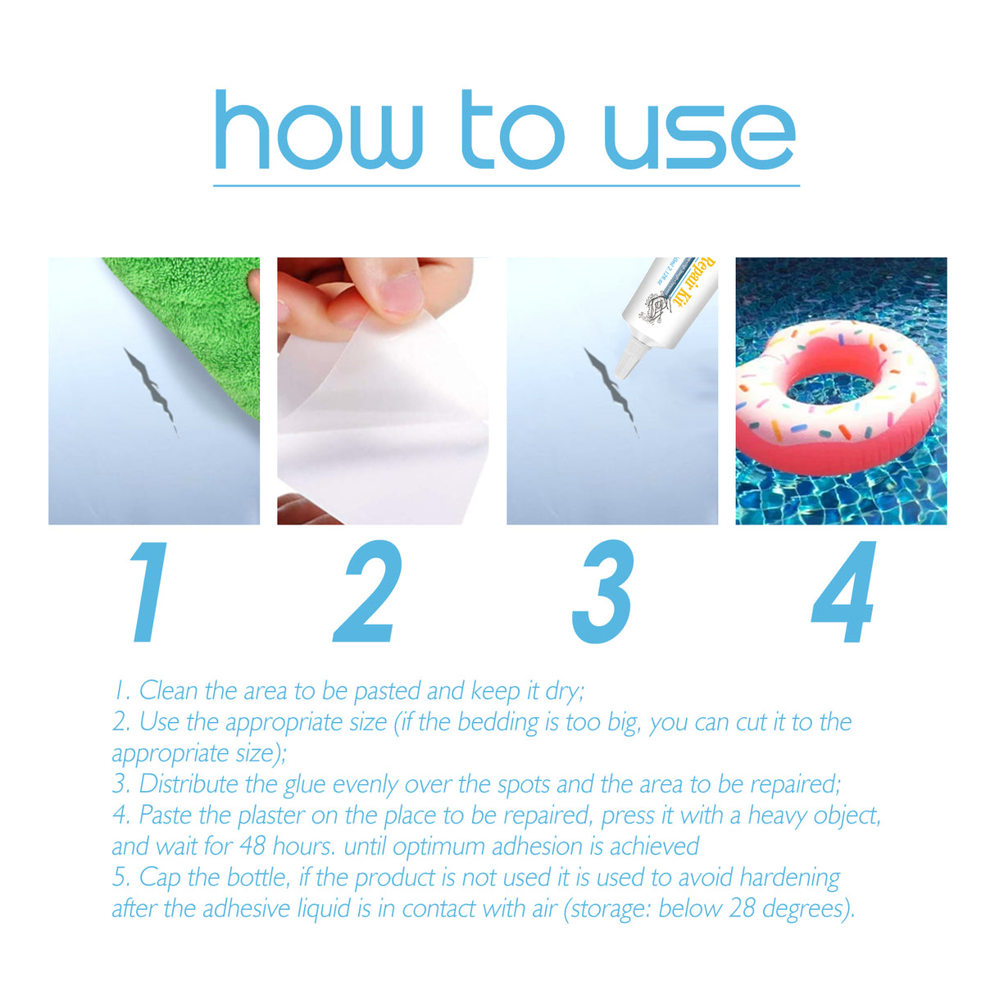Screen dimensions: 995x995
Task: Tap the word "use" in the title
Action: coord(699,135)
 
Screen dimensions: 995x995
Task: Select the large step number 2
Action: coord(369,592)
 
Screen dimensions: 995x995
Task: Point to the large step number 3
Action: coord(603,592)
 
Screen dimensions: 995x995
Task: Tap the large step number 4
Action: coord(844,592)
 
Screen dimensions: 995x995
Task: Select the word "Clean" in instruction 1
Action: coord(168,691)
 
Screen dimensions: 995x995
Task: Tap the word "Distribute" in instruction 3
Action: coord(190,784)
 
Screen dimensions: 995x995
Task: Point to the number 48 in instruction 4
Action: coord(253,846)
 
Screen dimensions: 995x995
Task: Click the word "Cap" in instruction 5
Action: coord(160,878)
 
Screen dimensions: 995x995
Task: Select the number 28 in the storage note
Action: coord(741,909)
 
